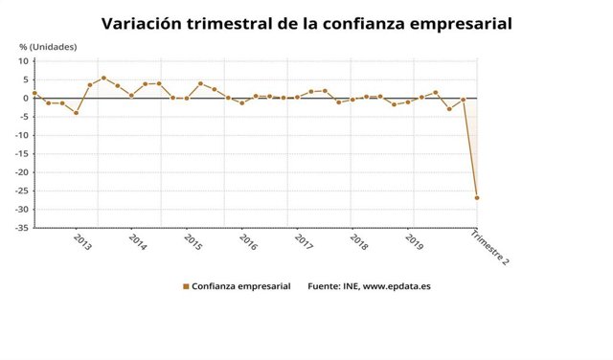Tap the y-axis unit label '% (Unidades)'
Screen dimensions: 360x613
click(48, 47)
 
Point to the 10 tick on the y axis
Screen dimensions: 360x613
click(25, 61)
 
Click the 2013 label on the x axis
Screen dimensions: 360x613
click(82, 243)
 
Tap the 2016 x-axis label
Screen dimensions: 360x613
click(248, 243)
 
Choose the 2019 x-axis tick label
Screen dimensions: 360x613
click(413, 243)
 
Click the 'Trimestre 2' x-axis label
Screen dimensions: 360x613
click(491, 248)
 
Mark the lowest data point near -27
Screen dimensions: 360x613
click(476, 198)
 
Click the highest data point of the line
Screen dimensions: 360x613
click(103, 79)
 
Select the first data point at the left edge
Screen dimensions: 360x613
click(34, 94)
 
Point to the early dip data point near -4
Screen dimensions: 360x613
click(76, 113)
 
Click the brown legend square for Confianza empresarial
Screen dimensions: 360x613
click(185, 285)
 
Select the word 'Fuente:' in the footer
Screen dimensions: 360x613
click(324, 285)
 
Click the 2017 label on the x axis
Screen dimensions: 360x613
click(304, 243)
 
